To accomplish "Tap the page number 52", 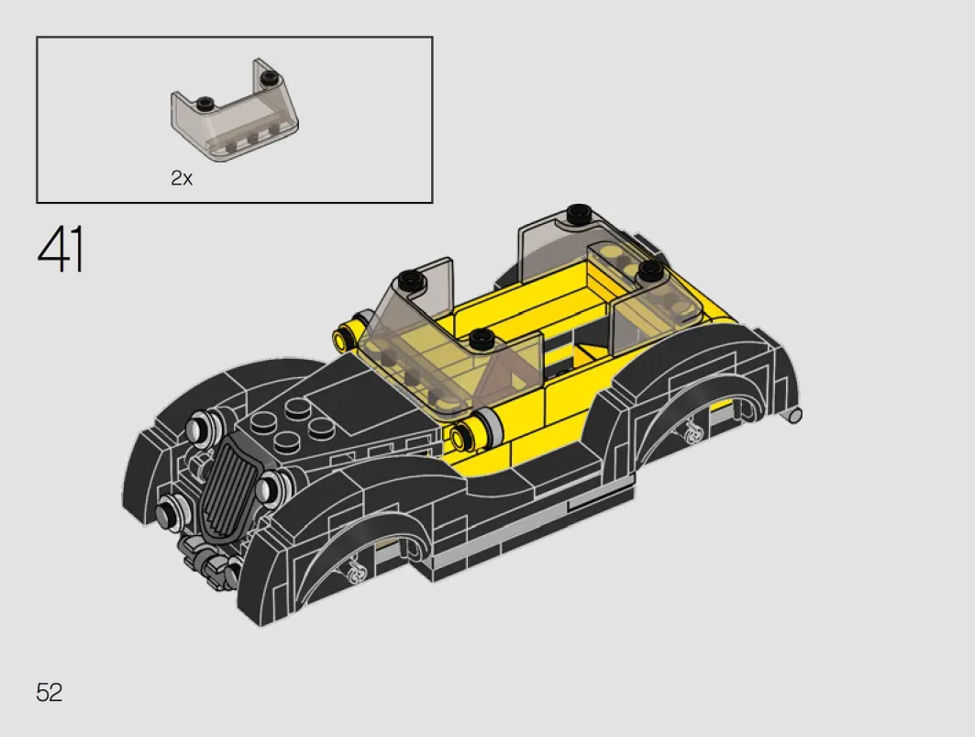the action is pos(50,692).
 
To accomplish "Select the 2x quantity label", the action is pos(182,178).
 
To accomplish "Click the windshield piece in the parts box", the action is pos(235,110).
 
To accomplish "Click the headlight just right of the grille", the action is pos(270,486).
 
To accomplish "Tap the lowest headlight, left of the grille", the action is pos(169,513).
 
